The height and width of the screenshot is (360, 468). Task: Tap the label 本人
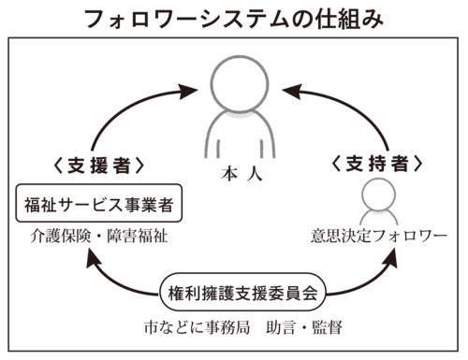tap(233, 174)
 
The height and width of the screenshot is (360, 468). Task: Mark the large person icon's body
tap(234, 133)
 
